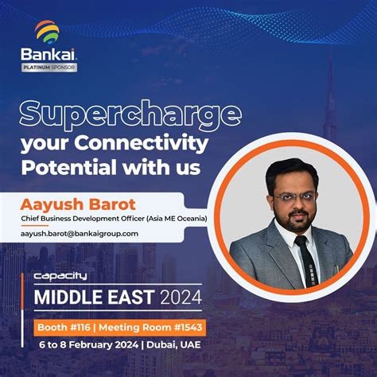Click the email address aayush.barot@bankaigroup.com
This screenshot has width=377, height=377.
80,233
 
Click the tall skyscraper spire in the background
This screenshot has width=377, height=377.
330,87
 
